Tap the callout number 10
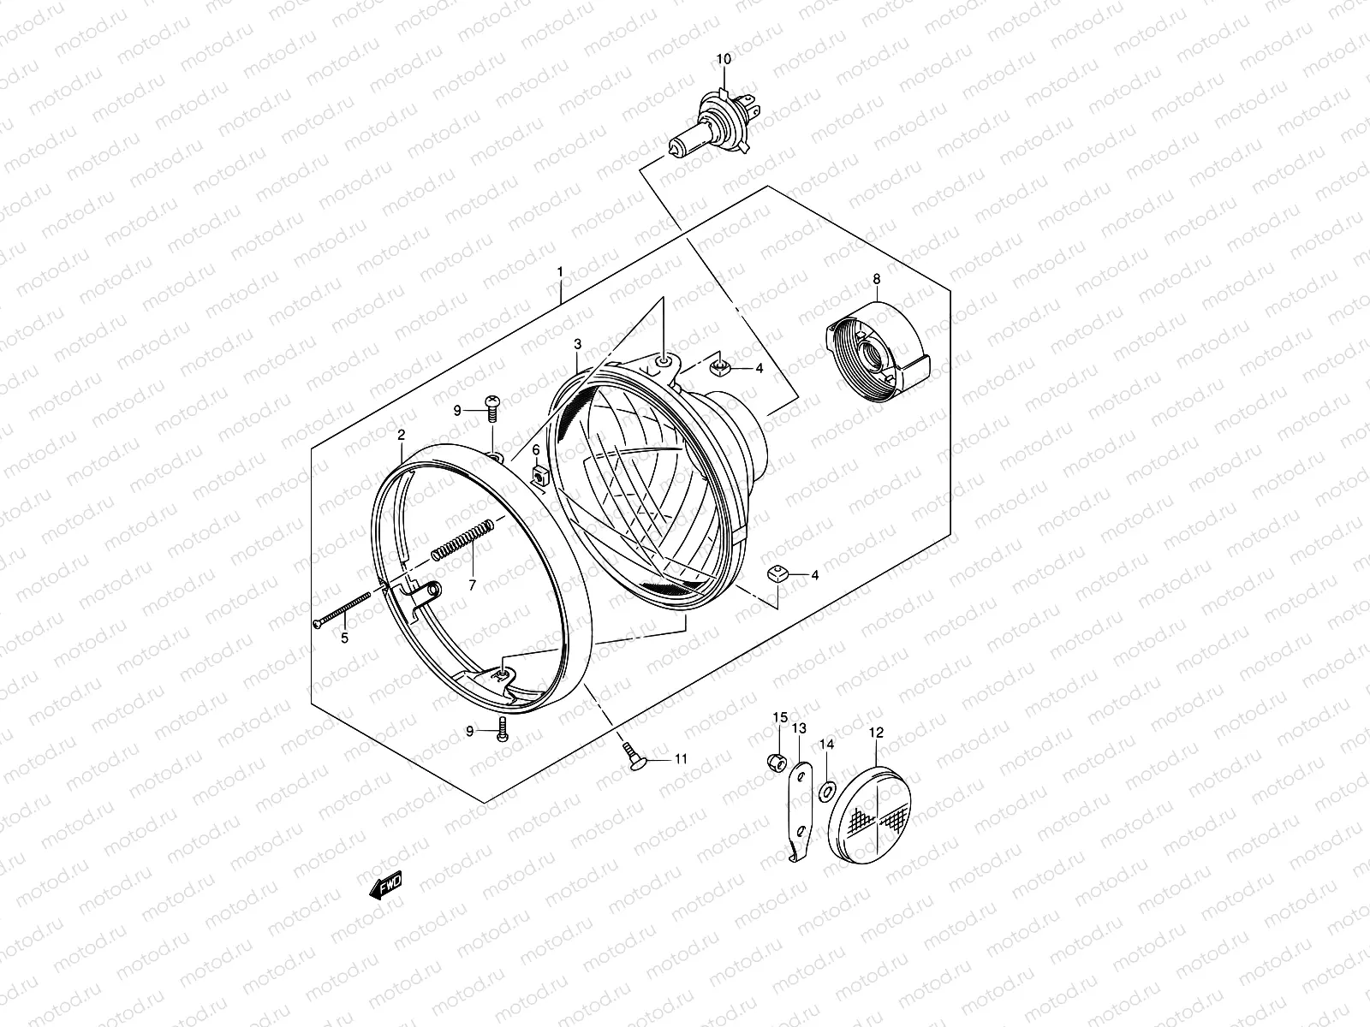724,59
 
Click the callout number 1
560,271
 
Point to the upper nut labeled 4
722,368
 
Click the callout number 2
401,435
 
